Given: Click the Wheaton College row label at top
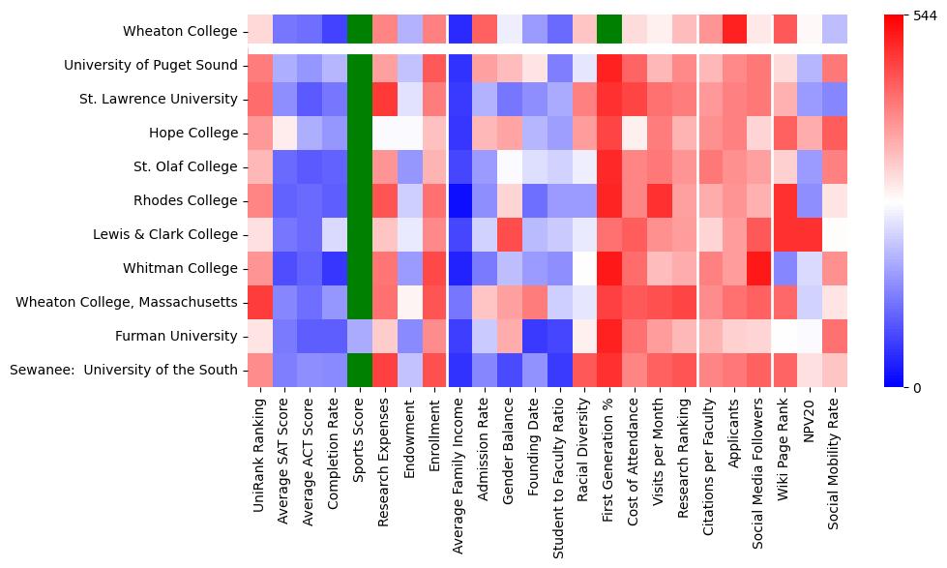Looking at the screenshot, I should [180, 32].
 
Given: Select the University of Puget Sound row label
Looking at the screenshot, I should [151, 66].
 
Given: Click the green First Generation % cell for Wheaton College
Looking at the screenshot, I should [609, 30].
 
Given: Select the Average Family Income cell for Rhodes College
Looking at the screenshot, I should [459, 200].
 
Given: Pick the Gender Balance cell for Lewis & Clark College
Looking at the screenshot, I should [510, 234].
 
